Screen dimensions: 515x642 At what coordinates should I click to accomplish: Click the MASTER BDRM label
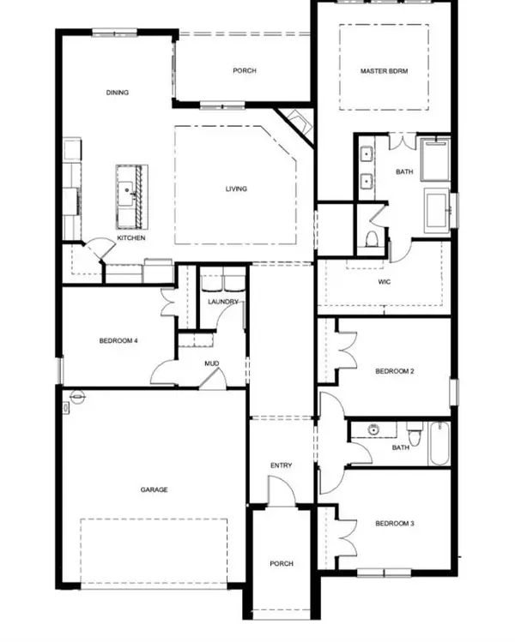[x=384, y=71]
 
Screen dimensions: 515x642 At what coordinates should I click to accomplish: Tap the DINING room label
[x=118, y=93]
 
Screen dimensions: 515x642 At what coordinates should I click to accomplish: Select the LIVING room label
[x=236, y=189]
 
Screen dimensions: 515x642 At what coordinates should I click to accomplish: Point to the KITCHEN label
[x=131, y=238]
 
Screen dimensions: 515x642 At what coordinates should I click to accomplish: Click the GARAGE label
[x=154, y=489]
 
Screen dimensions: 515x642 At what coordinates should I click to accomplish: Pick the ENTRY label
[x=282, y=465]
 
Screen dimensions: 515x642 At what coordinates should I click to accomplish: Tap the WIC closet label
[x=385, y=282]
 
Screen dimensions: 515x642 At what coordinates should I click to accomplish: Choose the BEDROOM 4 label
[x=118, y=340]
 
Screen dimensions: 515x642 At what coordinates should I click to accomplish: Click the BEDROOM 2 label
[x=395, y=371]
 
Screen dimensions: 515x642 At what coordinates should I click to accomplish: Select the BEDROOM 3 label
[x=395, y=523]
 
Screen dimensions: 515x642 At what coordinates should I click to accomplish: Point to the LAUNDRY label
[x=223, y=302]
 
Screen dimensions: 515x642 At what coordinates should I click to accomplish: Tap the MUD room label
[x=211, y=363]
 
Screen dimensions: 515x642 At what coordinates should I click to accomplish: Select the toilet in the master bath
[x=372, y=238]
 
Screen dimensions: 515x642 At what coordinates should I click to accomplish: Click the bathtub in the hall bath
[x=439, y=443]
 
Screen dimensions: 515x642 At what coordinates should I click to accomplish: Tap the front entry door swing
[x=282, y=491]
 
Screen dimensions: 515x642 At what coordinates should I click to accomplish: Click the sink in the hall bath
[x=373, y=430]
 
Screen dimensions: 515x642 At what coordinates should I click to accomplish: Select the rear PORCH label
[x=245, y=71]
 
